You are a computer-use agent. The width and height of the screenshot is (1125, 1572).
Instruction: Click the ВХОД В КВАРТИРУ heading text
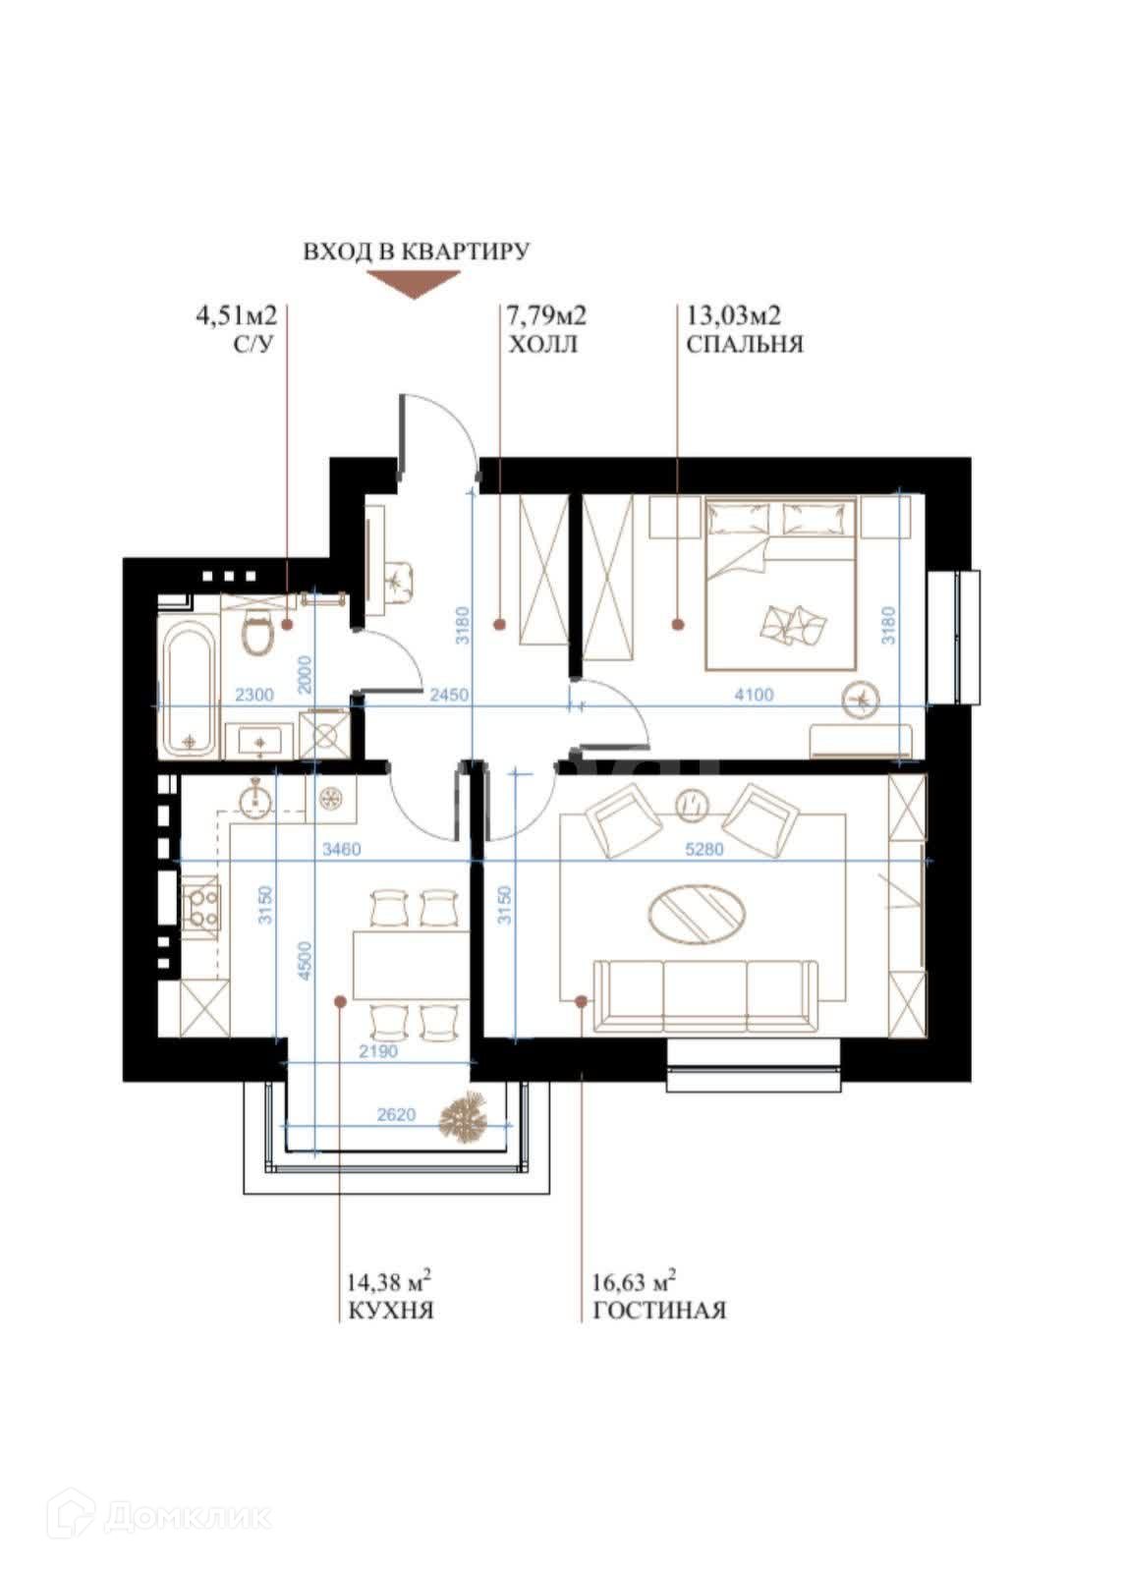[x=416, y=252]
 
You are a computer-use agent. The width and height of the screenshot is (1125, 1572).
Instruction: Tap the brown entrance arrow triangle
[x=414, y=284]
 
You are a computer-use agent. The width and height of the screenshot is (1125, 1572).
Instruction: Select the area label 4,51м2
[x=236, y=315]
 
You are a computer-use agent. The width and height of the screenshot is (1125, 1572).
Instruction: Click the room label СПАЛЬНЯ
[x=744, y=345]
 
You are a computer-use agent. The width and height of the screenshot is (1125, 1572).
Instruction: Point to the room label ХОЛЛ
[x=541, y=345]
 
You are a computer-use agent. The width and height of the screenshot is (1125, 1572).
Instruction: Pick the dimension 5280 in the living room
[x=703, y=849]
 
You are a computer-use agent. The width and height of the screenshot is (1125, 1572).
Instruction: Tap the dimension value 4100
[x=754, y=695]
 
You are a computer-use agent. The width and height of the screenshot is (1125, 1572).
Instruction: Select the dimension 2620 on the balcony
[x=396, y=1114]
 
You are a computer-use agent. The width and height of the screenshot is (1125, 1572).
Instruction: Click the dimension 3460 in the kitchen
[x=341, y=849]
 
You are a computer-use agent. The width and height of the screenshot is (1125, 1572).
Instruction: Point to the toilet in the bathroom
[x=256, y=633]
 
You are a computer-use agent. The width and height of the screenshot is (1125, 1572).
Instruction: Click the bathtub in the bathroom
[x=189, y=691]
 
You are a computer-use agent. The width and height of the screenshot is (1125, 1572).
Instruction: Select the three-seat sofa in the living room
[x=704, y=996]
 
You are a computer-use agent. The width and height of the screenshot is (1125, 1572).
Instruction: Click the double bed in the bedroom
[x=780, y=584]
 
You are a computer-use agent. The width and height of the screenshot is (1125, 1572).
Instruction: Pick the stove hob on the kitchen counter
[x=200, y=907]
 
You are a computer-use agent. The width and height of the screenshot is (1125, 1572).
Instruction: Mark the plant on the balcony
[x=464, y=1118]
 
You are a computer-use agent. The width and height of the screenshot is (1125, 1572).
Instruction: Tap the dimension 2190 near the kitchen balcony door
[x=378, y=1052]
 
